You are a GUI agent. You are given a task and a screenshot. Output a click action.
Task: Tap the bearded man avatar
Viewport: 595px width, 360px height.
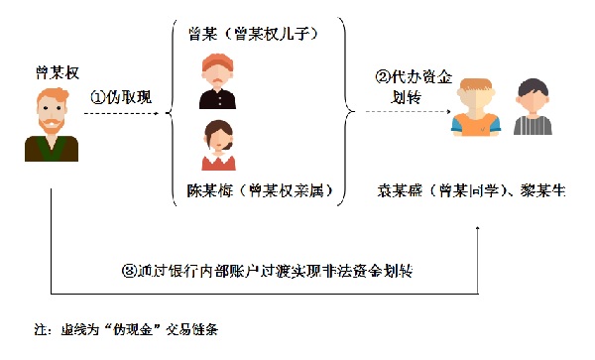pos(52,124)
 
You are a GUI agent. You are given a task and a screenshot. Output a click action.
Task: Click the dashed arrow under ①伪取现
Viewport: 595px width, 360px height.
pos(124,115)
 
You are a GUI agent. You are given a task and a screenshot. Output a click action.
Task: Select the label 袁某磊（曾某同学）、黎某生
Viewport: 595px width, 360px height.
pos(472,188)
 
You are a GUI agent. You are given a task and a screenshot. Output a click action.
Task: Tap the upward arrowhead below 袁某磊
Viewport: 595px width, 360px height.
pos(479,230)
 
